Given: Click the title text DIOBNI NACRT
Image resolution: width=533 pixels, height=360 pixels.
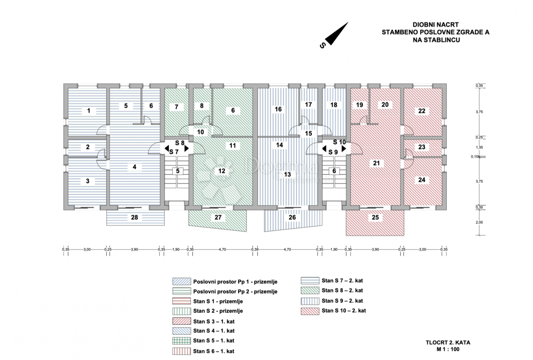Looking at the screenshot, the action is [435, 24].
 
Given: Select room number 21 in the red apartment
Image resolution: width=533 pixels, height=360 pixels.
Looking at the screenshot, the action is [376, 163].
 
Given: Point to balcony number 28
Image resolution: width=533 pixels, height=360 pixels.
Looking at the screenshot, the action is [135, 217].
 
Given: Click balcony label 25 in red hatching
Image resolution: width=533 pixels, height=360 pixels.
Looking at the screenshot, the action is [375, 217].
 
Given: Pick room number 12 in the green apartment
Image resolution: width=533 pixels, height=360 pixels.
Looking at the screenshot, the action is [222, 171].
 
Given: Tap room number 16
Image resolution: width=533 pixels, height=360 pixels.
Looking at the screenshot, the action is [278, 109].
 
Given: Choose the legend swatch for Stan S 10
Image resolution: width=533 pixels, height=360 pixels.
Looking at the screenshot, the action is [310, 311].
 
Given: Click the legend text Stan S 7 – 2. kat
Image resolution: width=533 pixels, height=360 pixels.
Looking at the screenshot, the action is [342, 280].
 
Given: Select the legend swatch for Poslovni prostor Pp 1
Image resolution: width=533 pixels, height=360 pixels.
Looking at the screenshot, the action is [182, 281].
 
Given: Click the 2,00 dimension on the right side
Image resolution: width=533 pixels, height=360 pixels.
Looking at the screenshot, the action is [479, 222].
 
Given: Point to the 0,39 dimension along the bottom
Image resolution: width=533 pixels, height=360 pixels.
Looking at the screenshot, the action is [255, 249].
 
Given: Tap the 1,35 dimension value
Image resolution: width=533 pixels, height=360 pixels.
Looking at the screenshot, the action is [479, 147].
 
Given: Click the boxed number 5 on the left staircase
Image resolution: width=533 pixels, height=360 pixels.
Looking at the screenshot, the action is [178, 171].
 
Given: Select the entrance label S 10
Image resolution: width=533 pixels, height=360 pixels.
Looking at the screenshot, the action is [339, 142].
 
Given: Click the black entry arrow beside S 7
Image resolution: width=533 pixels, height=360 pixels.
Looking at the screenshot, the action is [167, 148].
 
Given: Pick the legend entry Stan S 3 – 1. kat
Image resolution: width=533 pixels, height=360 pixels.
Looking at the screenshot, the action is [214, 321].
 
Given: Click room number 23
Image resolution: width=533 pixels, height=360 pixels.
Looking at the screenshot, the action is [422, 147].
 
